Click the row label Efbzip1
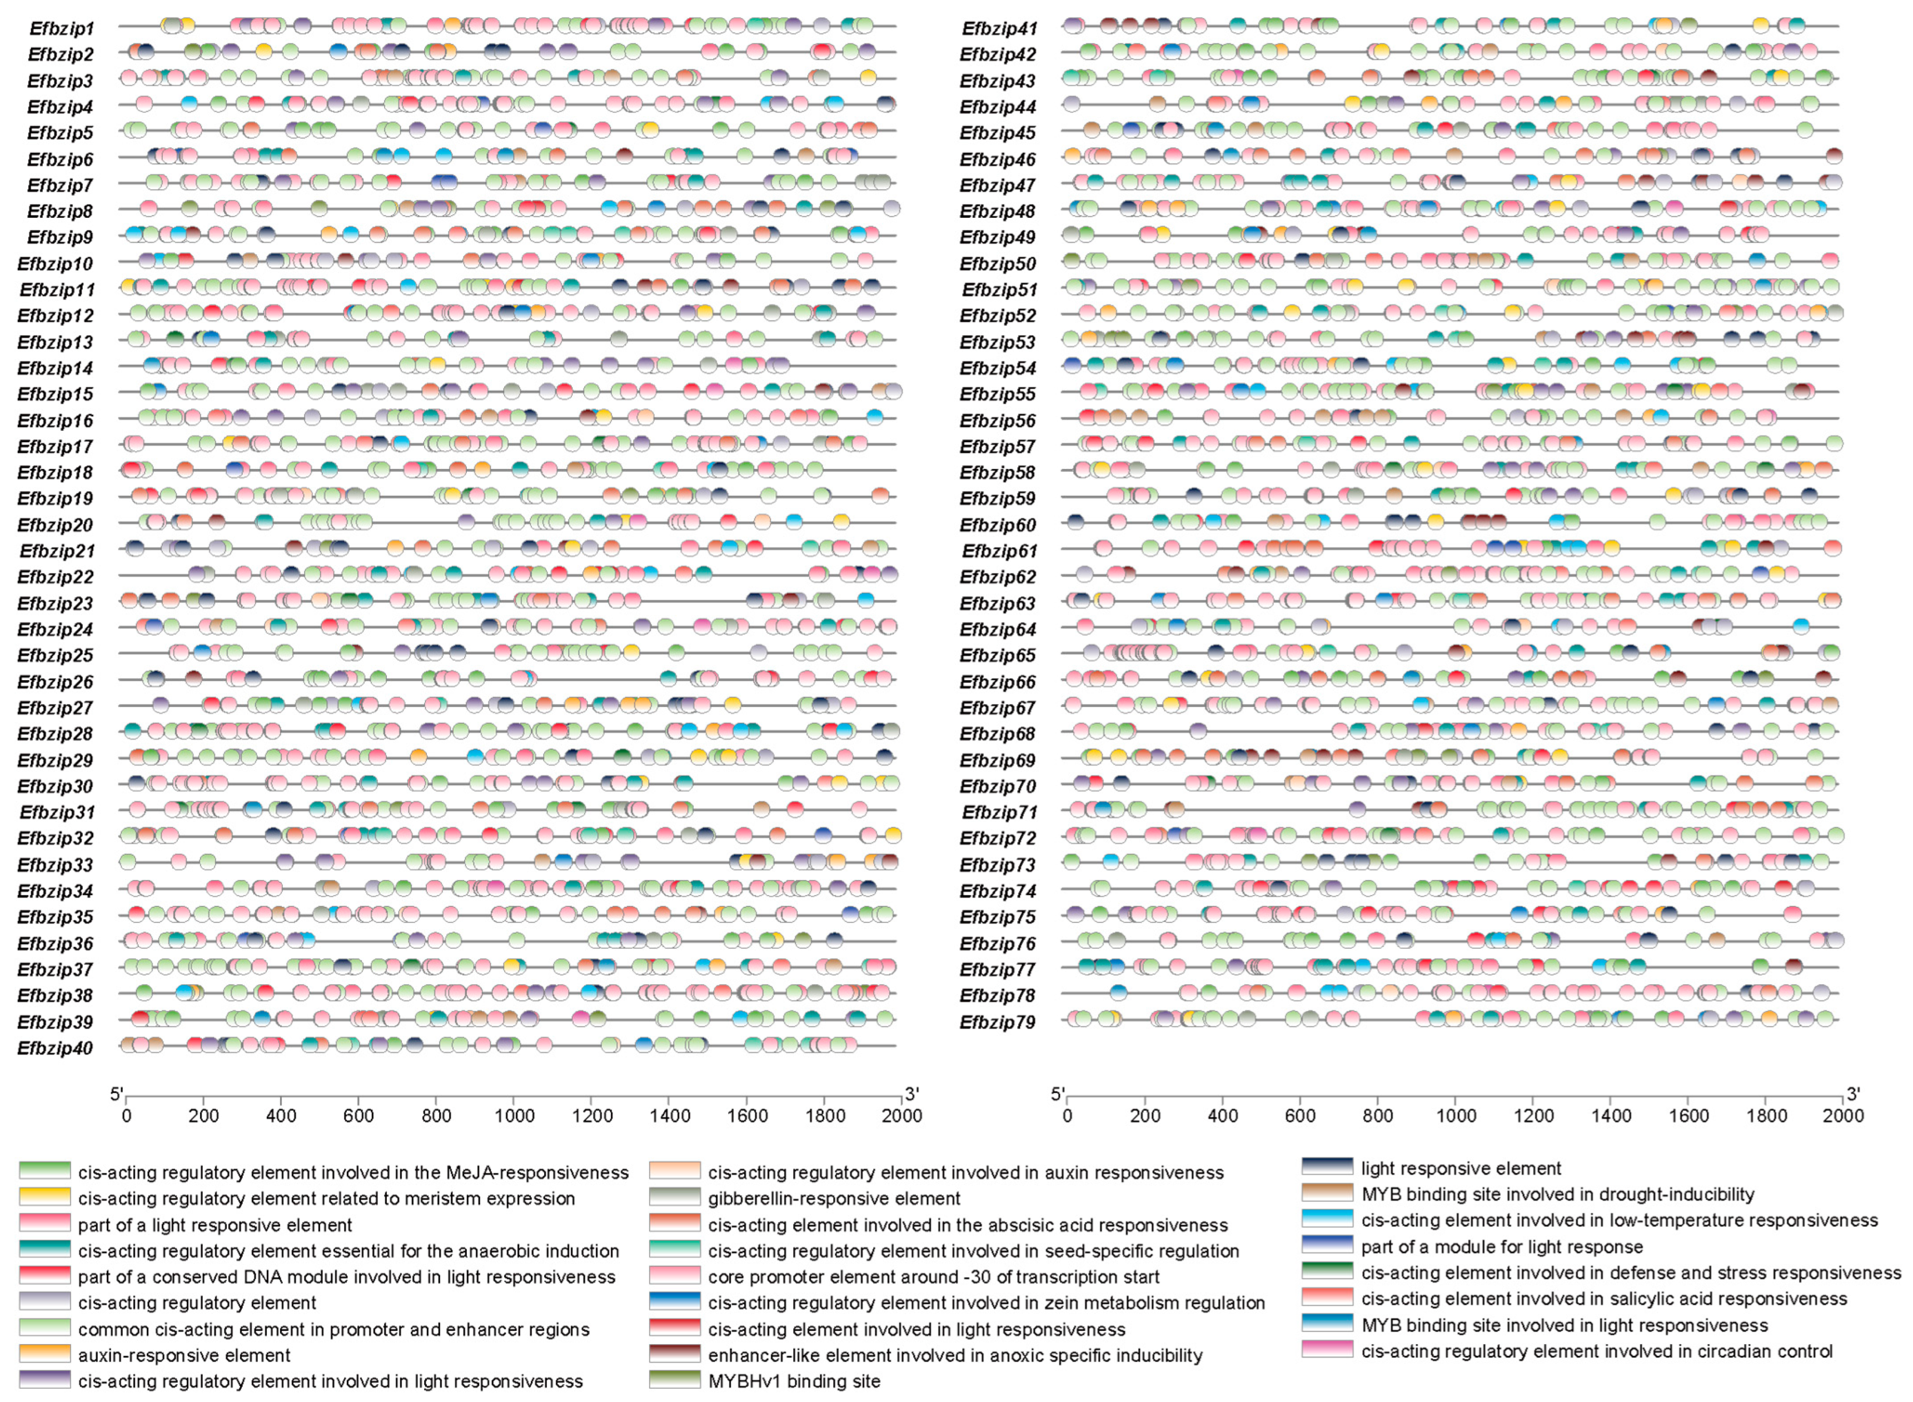coord(61,28)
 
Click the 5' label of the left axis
coord(116,1095)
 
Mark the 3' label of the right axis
coord(1853,1095)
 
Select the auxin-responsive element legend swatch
coord(44,1354)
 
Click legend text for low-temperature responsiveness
coord(1618,1220)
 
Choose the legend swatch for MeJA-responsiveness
coord(44,1171)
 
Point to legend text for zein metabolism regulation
coord(986,1303)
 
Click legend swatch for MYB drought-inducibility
coord(1327,1193)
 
